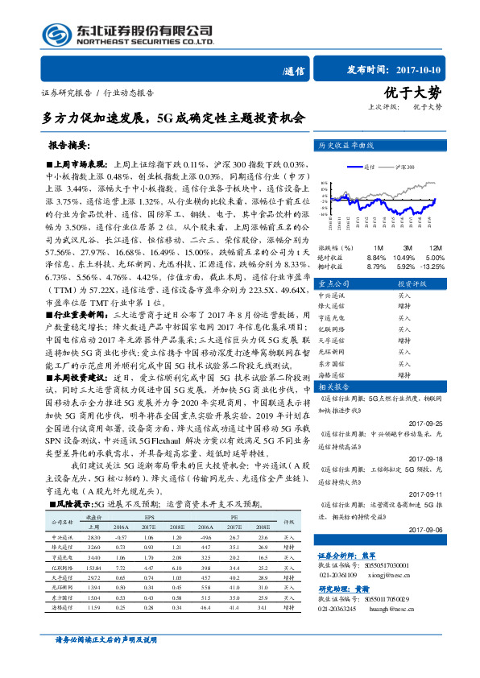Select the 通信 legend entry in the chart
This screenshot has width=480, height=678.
click(x=368, y=167)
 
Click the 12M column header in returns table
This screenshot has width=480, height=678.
click(x=434, y=247)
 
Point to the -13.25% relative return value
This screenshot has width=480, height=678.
click(x=432, y=265)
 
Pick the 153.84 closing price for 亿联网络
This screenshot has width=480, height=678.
click(x=94, y=568)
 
